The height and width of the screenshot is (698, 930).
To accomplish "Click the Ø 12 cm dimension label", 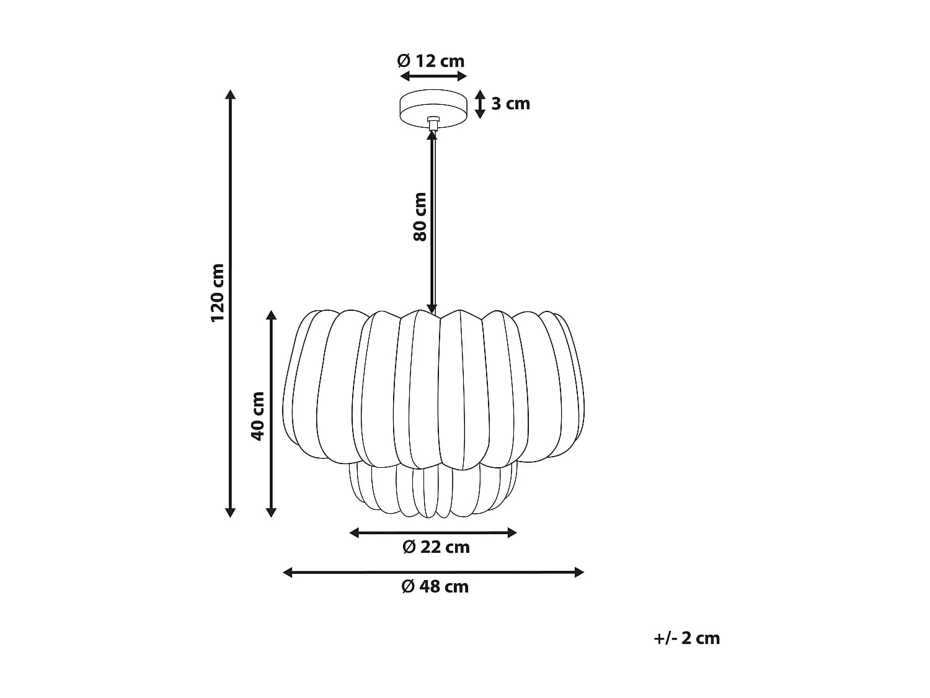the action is click(x=430, y=61).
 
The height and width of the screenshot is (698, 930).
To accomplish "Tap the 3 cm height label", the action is click(x=510, y=104).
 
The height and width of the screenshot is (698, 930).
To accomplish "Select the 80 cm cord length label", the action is click(x=420, y=217).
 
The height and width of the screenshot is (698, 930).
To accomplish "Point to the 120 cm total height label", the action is click(x=218, y=293).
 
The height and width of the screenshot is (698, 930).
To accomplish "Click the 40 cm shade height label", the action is click(x=257, y=416).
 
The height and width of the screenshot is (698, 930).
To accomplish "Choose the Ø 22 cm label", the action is click(x=436, y=547).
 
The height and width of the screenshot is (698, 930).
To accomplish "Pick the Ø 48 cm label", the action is click(x=435, y=587).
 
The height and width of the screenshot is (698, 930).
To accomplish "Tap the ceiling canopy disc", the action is click(x=433, y=108).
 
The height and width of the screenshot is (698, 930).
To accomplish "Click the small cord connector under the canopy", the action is click(x=433, y=123).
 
